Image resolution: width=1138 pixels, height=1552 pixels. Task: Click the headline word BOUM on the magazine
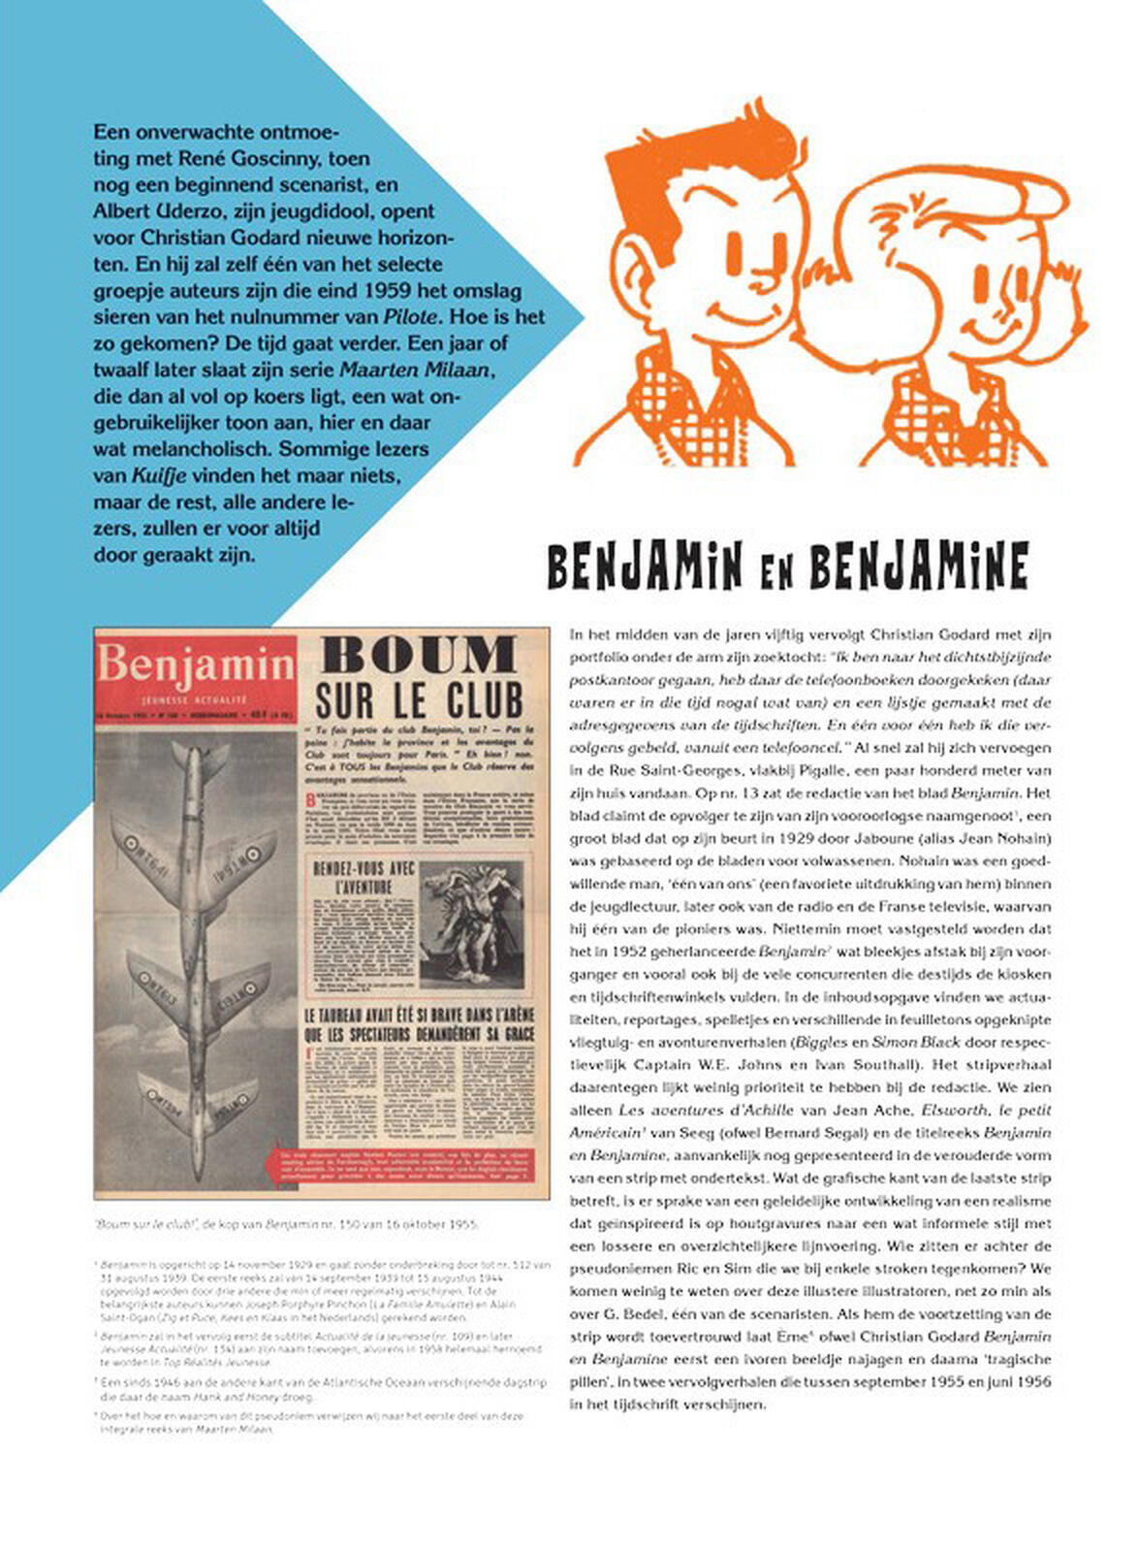[420, 657]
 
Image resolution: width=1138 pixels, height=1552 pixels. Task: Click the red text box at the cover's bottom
[408, 1166]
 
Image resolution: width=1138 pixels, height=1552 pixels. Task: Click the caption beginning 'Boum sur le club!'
[285, 1224]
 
